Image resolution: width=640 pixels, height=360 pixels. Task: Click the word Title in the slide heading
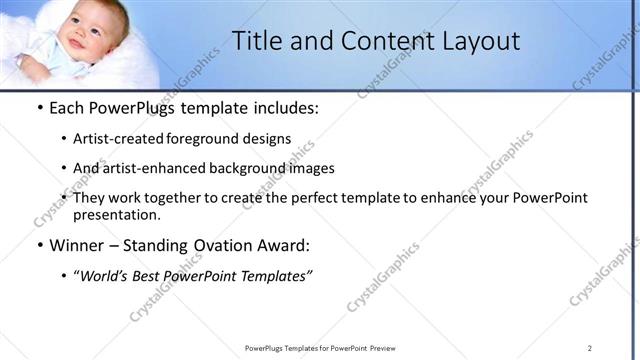pos(255,41)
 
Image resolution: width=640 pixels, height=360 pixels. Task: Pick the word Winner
pos(79,245)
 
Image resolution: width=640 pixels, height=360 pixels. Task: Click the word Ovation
pos(232,245)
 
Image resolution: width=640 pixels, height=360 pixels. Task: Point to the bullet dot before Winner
pos(39,246)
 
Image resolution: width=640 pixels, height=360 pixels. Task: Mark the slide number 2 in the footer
pos(590,348)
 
